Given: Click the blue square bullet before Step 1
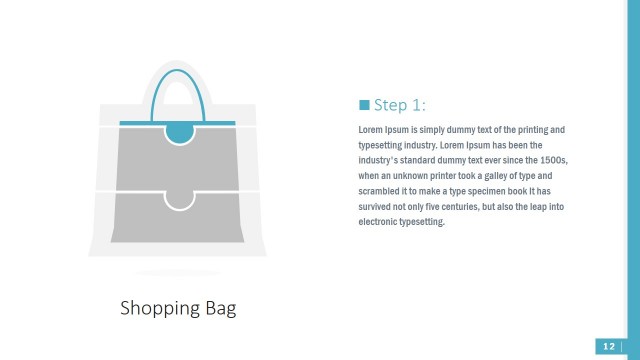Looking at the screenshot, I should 364,105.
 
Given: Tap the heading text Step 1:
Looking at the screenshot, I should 400,105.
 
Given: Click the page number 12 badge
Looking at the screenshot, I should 609,346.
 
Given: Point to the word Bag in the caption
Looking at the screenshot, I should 219,307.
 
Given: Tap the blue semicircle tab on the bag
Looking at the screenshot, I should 178,132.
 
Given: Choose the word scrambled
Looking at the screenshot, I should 383,190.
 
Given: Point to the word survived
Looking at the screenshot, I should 378,206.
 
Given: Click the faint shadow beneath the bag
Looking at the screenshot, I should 178,272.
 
